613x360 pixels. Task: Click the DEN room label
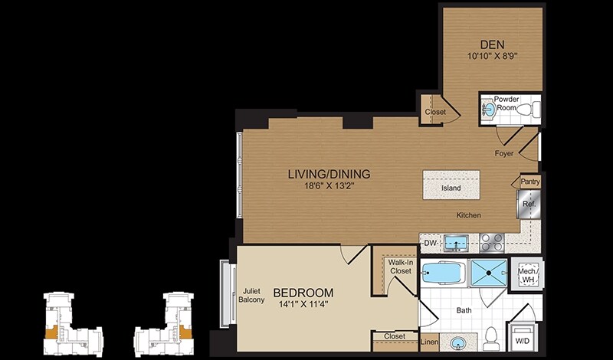pos(492,44)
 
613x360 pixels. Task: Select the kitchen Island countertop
pos(451,185)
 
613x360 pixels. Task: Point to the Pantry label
pos(530,182)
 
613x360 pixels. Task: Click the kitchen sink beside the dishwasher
pos(457,243)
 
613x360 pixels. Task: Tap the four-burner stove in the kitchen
pos(492,242)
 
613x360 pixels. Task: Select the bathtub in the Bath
pos(444,273)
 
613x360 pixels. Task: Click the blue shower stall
pos(489,273)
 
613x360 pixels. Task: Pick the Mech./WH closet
pos(526,275)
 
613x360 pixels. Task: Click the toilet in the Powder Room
pos(529,109)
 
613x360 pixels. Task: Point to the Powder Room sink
pos(489,110)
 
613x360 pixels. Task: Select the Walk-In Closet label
pos(400,267)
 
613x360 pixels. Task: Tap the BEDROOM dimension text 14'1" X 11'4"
pos(303,304)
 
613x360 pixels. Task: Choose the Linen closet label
pos(429,342)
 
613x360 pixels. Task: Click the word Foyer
pos(504,154)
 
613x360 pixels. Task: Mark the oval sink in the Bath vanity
pos(457,344)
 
